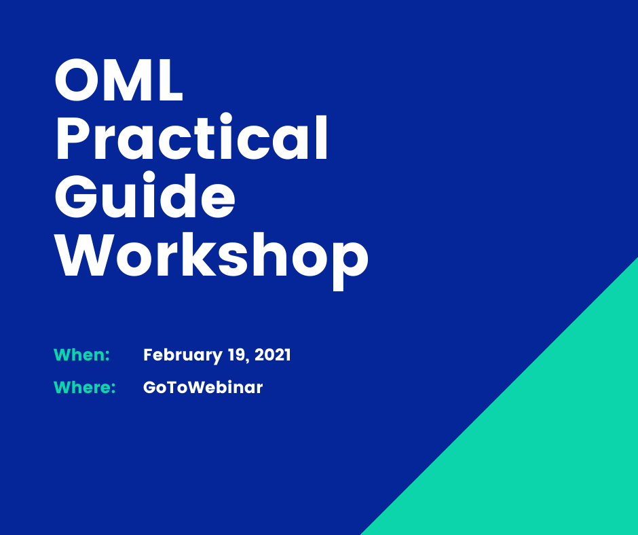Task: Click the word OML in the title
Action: [118, 80]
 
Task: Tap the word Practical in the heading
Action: [191, 136]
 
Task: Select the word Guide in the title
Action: [145, 195]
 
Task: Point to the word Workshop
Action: [212, 257]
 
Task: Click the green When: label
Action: [81, 354]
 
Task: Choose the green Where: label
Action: [85, 387]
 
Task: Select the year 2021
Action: [273, 354]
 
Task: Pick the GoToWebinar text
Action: [203, 387]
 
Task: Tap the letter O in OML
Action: [76, 80]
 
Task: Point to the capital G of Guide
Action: [76, 196]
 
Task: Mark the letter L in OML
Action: [170, 80]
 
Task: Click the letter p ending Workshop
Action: [351, 262]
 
